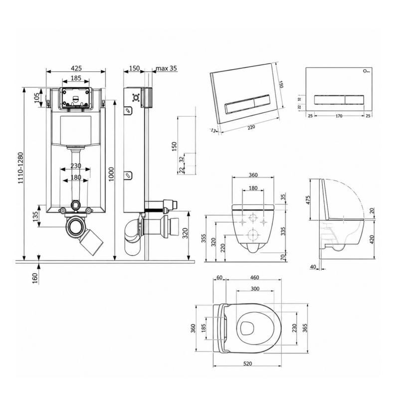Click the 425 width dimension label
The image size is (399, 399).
[x=76, y=68]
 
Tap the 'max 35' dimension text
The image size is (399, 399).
[x=166, y=68]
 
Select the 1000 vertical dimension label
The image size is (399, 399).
[x=111, y=174]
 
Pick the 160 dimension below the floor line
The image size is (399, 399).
[x=35, y=278]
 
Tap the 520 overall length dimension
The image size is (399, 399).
[x=247, y=364]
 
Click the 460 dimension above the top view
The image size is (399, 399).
[x=254, y=277]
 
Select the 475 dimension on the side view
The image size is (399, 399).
[x=308, y=200]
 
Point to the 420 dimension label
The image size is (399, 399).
[x=372, y=240]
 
